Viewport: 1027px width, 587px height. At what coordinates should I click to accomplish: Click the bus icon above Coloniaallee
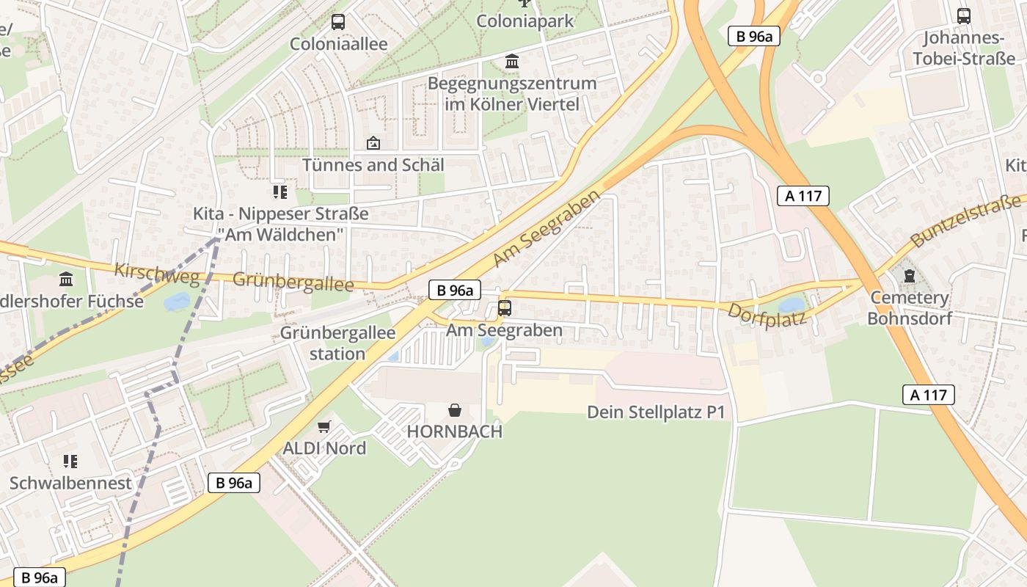pos(337,22)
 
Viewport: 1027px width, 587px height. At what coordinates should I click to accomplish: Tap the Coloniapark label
pos(525,21)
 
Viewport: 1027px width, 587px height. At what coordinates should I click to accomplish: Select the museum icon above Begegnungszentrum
pos(512,62)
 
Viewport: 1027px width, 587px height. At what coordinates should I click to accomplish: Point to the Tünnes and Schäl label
pos(373,164)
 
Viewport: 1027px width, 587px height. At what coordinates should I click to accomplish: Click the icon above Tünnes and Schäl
pos(373,143)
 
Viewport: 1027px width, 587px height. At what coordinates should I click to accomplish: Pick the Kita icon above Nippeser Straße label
pos(279,192)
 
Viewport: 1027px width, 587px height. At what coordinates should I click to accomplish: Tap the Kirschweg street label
pos(157,273)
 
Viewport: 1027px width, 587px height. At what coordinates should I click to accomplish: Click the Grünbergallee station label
pos(337,343)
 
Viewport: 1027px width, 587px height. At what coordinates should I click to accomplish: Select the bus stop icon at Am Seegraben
pos(504,307)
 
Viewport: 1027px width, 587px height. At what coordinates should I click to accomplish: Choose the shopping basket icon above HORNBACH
pos(455,409)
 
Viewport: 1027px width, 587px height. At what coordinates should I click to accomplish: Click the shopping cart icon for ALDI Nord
pos(324,426)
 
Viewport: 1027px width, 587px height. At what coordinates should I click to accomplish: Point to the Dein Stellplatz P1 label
pos(656,412)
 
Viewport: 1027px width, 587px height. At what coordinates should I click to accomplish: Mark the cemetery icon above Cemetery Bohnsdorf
pos(910,277)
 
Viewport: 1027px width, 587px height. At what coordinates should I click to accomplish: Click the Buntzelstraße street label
pos(965,219)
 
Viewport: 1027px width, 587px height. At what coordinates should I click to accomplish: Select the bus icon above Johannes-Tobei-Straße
pos(964,15)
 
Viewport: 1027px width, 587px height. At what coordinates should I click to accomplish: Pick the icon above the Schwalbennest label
pos(70,461)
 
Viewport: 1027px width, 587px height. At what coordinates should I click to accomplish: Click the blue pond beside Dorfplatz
pos(792,305)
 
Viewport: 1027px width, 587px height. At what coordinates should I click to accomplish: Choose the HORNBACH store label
pos(455,431)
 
